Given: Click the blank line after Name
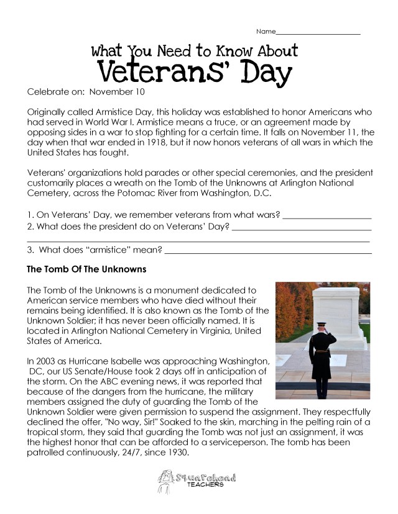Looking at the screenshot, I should tap(318, 32).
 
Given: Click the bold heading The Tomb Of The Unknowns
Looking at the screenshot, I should tap(86, 270).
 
